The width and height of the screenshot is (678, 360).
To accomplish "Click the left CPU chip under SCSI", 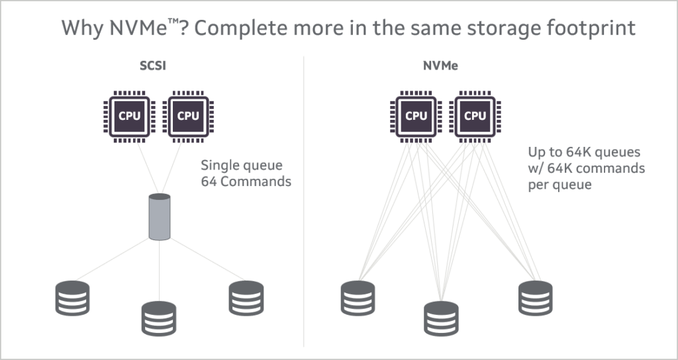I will [130, 116].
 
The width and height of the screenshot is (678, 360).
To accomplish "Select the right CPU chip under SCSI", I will [189, 116].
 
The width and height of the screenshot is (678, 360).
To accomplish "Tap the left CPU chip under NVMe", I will [416, 116].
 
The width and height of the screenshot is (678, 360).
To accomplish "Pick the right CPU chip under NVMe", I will [475, 116].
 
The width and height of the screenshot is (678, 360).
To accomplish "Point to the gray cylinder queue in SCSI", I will [160, 217].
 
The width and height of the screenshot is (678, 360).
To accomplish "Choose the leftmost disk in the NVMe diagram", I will [358, 297].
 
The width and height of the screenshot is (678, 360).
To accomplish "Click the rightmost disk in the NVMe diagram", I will [535, 297].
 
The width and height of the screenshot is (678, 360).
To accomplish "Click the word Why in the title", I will [81, 28].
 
